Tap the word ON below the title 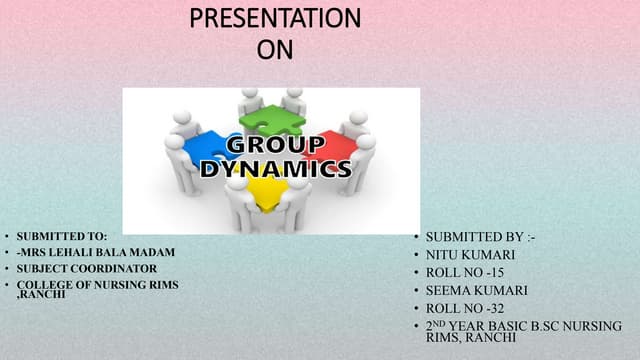pos(275,48)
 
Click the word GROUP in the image pos(273,146)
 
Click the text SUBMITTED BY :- pos(474,237)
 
